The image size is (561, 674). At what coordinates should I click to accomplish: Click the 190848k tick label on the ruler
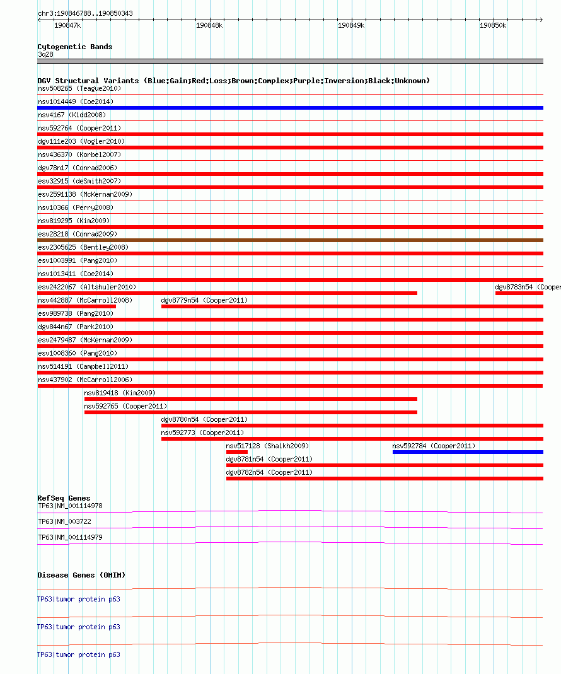click(209, 25)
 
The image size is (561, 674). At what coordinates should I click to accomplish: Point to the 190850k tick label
click(493, 25)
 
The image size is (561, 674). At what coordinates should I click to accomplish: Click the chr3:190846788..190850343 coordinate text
click(85, 13)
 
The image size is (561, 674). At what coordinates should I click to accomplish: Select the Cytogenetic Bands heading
click(75, 47)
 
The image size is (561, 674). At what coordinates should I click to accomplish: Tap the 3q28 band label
click(45, 54)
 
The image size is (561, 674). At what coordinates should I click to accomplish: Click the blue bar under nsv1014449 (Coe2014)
click(290, 108)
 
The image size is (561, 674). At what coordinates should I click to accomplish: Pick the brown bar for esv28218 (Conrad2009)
click(290, 240)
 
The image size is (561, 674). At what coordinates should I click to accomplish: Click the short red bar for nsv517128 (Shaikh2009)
click(237, 452)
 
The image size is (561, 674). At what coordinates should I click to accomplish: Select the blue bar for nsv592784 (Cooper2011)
click(467, 452)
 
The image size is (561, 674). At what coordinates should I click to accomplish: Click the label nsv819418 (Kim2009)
click(120, 393)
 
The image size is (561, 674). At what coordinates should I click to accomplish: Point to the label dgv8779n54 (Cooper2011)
click(204, 300)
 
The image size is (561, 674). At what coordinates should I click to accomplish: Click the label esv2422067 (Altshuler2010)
click(87, 287)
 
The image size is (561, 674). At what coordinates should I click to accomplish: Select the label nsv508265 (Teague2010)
click(81, 88)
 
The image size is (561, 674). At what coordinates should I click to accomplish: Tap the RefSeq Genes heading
click(64, 498)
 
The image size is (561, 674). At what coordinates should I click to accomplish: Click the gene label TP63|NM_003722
click(64, 521)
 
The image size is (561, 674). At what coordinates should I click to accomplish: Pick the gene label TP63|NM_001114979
click(70, 537)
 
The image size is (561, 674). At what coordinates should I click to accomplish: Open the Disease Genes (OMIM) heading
click(81, 575)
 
